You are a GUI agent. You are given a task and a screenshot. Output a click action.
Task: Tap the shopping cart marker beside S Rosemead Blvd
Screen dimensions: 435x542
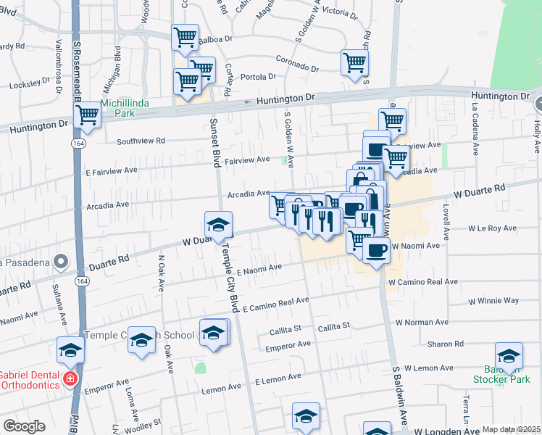(x=88, y=115)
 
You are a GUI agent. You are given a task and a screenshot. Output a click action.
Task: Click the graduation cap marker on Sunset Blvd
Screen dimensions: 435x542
(x=218, y=224)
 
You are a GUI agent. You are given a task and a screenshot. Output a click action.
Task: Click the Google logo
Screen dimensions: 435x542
(x=24, y=426)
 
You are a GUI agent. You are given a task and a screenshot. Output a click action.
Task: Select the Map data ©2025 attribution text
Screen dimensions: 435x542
(x=511, y=429)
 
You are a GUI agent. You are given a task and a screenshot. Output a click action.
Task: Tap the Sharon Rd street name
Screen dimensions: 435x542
(x=440, y=344)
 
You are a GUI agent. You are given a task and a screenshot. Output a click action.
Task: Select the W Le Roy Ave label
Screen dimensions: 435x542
(x=492, y=228)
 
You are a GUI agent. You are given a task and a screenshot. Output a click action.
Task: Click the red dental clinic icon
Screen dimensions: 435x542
(x=70, y=378)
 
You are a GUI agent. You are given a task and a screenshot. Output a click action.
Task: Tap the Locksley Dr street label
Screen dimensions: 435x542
(x=29, y=85)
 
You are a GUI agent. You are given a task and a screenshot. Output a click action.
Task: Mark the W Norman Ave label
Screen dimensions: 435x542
(x=421, y=321)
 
